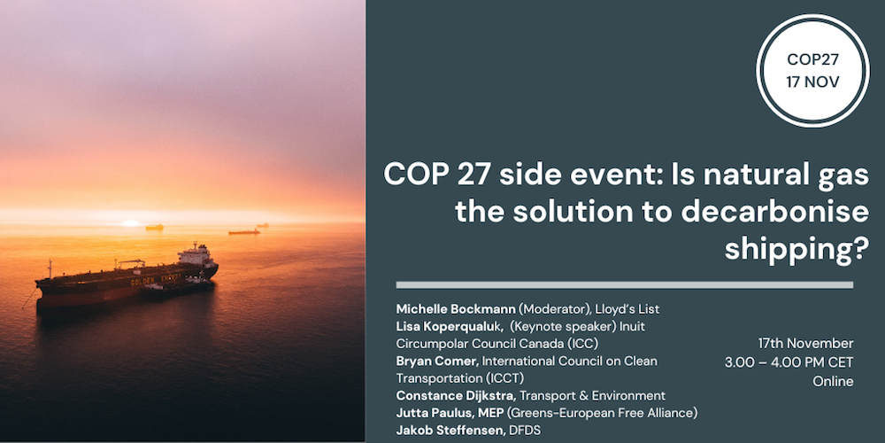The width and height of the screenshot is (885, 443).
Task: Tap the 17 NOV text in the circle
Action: click(813, 83)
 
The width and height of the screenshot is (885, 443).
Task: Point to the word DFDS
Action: click(525, 430)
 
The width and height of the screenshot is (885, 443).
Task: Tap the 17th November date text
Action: click(805, 344)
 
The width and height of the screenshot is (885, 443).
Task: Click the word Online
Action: click(833, 381)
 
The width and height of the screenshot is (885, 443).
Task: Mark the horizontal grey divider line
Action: click(624, 285)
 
